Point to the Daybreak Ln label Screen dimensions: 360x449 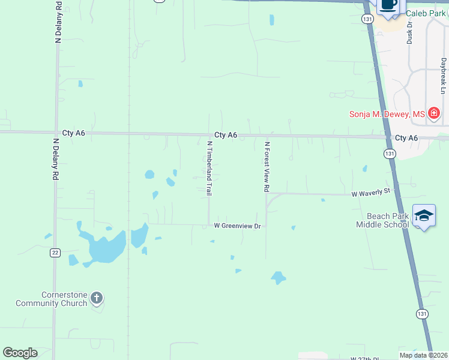pos(443,76)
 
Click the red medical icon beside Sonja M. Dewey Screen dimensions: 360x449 pos(434,113)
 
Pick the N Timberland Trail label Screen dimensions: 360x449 pos(210,169)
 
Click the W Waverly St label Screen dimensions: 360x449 pos(371,191)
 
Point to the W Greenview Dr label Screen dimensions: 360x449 pos(238,226)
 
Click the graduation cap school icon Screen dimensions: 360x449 pos(424,216)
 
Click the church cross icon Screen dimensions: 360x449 pos(97,298)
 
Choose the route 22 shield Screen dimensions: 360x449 pos(55,253)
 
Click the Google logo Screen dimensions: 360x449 pos(20,353)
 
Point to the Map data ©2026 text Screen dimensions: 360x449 pos(424,355)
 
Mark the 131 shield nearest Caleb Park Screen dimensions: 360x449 pos(368,19)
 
